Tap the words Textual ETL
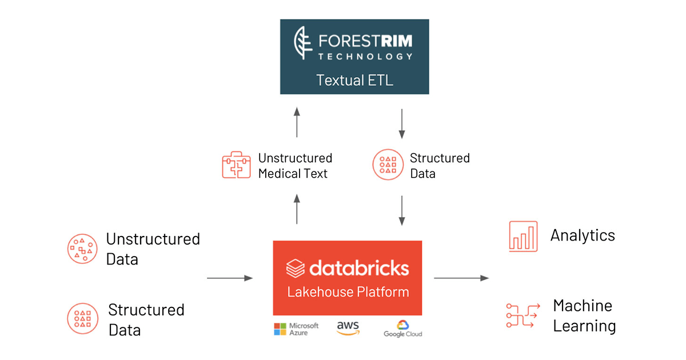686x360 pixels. (x=355, y=80)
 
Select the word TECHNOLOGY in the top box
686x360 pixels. (x=366, y=56)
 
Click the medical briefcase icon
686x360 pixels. (x=236, y=165)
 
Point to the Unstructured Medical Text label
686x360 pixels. (x=295, y=166)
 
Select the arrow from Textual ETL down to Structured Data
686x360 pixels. (x=402, y=123)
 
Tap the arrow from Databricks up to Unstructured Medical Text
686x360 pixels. (x=297, y=209)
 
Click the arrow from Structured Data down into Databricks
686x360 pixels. (x=402, y=210)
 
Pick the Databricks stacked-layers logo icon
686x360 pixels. (x=296, y=267)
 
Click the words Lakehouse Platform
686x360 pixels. (x=348, y=292)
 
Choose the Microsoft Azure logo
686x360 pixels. (x=296, y=329)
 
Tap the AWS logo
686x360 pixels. (x=348, y=327)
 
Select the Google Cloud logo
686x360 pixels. (x=402, y=329)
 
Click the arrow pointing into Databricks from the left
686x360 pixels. (x=230, y=278)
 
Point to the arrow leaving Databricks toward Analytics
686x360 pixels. (x=461, y=278)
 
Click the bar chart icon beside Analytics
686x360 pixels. (x=523, y=236)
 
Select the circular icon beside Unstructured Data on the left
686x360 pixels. (x=82, y=249)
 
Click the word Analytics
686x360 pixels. (x=583, y=235)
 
